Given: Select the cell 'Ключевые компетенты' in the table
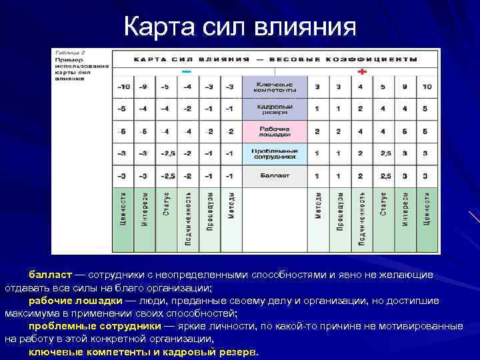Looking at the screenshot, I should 274,87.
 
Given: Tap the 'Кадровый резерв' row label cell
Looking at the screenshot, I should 274,108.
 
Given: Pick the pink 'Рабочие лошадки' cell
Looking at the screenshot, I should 274,131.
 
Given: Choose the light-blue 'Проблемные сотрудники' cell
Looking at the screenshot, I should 274,154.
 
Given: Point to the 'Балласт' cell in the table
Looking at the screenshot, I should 274,176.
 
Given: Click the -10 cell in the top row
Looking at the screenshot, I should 123,87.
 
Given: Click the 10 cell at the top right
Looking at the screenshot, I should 426,87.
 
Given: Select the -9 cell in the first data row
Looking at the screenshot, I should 143,87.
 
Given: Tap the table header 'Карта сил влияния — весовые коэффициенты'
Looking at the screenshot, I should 274,59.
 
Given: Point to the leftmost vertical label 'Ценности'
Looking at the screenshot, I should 123,210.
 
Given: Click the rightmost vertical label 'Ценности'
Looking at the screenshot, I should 426,210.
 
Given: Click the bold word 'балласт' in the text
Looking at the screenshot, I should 49,275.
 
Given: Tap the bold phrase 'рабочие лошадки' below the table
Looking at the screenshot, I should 75,301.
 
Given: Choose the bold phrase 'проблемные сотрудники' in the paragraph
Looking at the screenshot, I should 94,326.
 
